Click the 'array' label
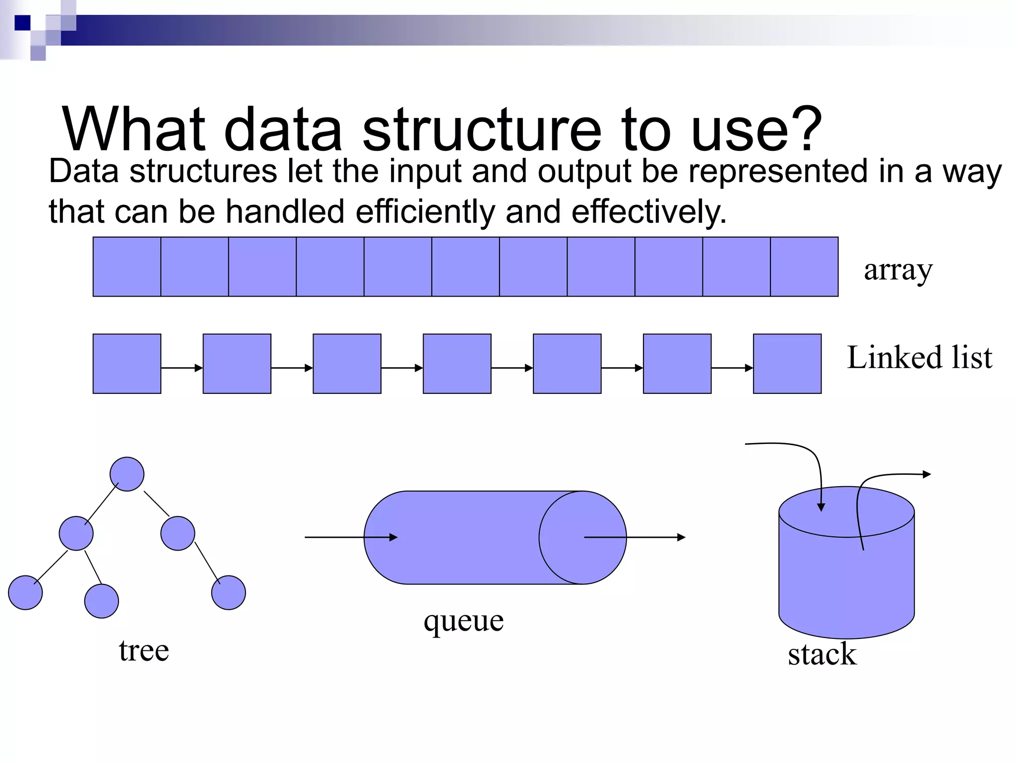pos(898,270)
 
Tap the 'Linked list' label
pos(919,357)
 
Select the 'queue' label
pos(463,621)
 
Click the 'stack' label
pos(822,654)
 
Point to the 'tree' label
pos(144,650)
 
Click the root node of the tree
pos(127,474)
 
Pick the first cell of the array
pos(127,267)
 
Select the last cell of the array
pos(804,267)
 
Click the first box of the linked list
pos(127,364)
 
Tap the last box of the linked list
pos(787,364)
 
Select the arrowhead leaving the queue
pos(682,537)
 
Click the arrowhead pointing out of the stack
pos(927,474)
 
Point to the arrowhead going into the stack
pos(821,507)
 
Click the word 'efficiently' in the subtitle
pos(425,212)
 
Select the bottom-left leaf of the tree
pos(25,592)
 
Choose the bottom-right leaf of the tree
pos(229,592)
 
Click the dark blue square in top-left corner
pos(22,23)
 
